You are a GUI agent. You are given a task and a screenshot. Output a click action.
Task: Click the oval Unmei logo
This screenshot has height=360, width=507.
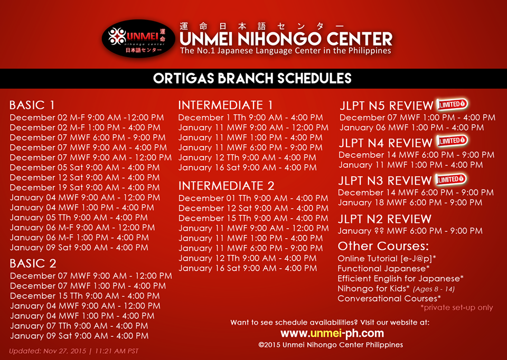[x=138, y=39]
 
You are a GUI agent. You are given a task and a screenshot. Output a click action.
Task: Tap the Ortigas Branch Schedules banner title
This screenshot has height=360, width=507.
[x=252, y=79]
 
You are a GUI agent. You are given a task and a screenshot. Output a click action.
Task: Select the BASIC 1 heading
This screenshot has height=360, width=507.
[x=32, y=105]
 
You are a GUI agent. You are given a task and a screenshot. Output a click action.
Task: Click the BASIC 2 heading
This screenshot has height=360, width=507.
[x=33, y=263]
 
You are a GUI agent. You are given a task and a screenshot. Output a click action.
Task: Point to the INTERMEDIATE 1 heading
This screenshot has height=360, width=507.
[x=226, y=105]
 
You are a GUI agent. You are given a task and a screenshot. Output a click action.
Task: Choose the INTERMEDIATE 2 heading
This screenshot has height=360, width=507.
[x=227, y=185]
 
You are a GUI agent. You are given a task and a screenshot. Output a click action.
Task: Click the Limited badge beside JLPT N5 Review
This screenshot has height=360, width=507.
[x=452, y=104]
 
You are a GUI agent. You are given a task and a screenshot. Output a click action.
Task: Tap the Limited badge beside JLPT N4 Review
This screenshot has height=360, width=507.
[x=452, y=141]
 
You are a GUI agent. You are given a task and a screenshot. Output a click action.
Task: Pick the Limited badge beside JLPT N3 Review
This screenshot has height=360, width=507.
[x=450, y=179]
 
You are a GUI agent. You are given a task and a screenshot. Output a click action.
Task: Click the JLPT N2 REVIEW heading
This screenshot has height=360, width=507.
[x=384, y=219]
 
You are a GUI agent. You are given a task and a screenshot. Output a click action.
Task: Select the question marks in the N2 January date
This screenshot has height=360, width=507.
[x=379, y=231]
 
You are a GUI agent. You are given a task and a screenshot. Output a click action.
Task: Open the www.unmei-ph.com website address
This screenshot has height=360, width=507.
[x=332, y=333]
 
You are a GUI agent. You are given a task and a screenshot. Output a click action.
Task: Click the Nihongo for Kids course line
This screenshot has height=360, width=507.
[x=396, y=288]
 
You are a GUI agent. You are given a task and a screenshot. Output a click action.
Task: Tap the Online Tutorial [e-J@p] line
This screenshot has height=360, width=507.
[x=387, y=259]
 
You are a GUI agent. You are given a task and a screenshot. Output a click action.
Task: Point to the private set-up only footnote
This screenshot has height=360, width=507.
[x=456, y=308]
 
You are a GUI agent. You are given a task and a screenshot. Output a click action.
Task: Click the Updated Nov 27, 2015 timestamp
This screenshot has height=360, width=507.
[x=74, y=351]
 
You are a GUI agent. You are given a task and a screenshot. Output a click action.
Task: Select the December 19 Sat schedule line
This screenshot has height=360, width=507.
[x=84, y=187]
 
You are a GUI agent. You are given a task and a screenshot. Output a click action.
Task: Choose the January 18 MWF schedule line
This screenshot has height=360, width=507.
[x=410, y=203]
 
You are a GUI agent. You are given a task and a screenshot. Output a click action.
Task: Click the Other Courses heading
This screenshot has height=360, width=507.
[x=383, y=247]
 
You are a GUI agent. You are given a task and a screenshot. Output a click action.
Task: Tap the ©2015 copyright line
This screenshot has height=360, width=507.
[x=331, y=345]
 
